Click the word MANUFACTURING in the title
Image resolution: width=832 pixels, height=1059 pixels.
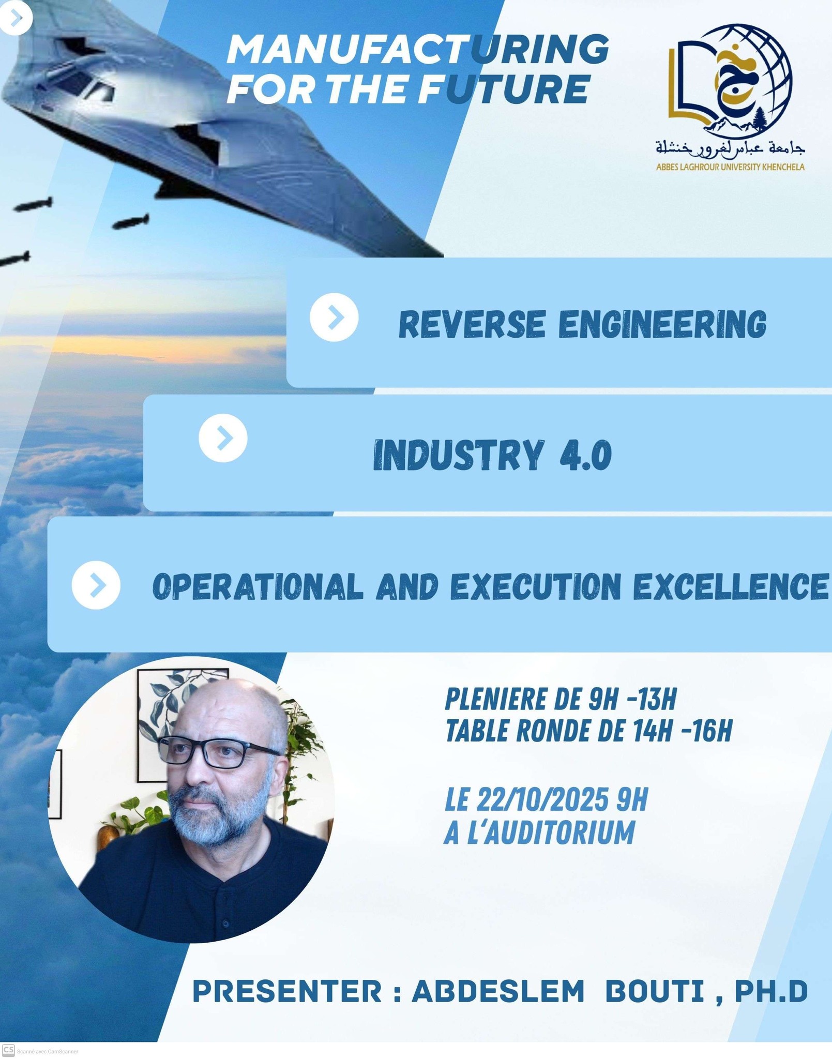pos(418,49)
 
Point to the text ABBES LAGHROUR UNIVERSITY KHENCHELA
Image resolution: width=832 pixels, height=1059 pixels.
pos(730,167)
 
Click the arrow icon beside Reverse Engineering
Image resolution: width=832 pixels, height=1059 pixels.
pos(334,317)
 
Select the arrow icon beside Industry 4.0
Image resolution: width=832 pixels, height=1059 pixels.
pos(223,438)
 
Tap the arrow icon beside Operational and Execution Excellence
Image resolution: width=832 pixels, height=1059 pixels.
pos(96,585)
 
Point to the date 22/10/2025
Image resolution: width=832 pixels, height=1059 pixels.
pos(542,800)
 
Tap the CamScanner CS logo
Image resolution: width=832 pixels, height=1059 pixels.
pos(8,1050)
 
